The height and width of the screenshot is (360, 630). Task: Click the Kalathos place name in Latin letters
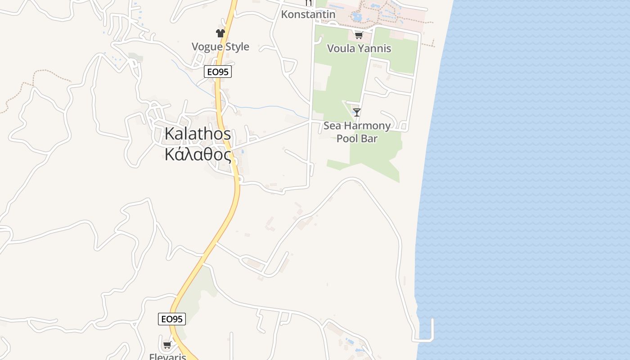[x=198, y=134]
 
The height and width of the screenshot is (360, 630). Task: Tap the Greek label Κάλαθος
[x=198, y=154]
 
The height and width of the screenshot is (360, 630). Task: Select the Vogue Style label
[x=220, y=47]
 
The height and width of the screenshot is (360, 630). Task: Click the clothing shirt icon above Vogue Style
[x=220, y=33]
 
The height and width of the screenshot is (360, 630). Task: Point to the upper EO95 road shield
[x=218, y=72]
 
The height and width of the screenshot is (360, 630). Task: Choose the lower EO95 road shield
[x=172, y=319]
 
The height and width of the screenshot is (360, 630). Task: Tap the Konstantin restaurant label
[x=308, y=14]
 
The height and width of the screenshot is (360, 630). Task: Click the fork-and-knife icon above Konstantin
[x=308, y=3]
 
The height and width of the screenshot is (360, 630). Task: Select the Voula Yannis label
[x=359, y=49]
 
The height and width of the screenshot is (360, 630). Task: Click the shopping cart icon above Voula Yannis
[x=359, y=35]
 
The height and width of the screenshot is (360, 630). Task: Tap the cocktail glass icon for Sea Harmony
[x=357, y=112]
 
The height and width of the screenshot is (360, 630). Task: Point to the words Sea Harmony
[x=357, y=126]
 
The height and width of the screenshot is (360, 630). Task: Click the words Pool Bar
[x=357, y=139]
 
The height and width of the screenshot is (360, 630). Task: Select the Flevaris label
[x=167, y=357]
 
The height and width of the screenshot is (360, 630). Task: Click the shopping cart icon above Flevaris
[x=167, y=345]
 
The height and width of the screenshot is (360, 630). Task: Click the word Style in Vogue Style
[x=234, y=47]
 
